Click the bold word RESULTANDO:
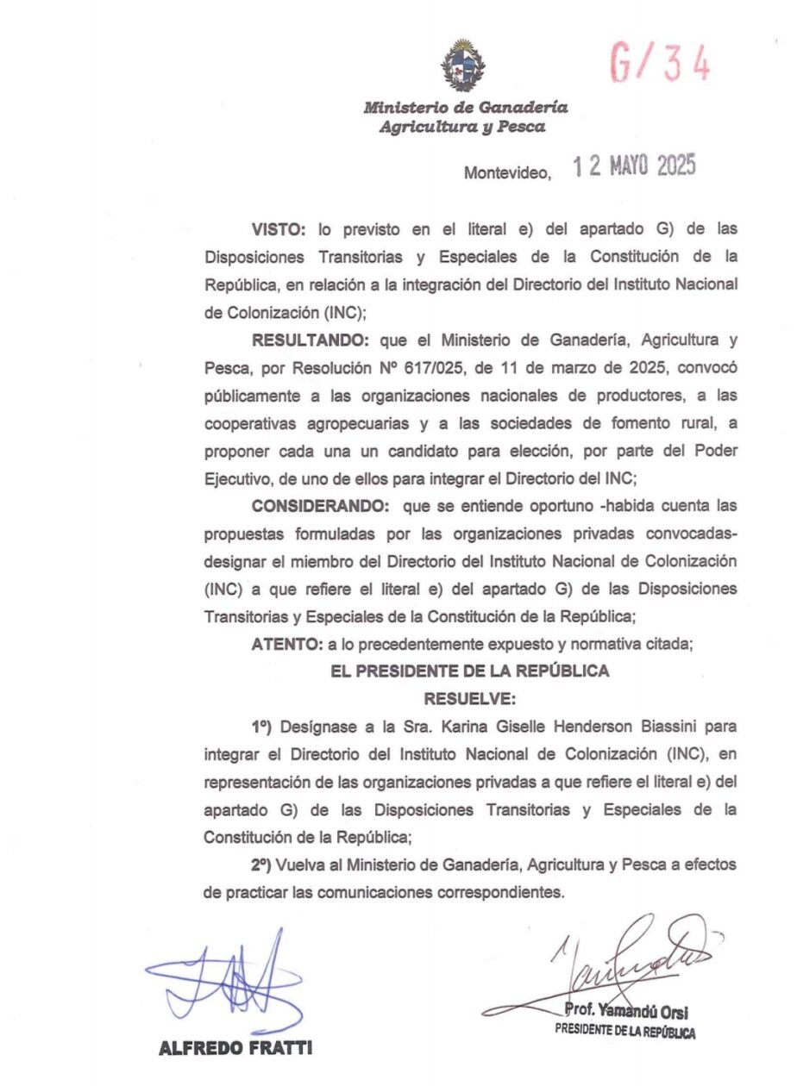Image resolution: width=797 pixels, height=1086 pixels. coord(311,341)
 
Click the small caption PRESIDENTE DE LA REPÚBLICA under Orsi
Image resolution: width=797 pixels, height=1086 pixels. coord(626,1031)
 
